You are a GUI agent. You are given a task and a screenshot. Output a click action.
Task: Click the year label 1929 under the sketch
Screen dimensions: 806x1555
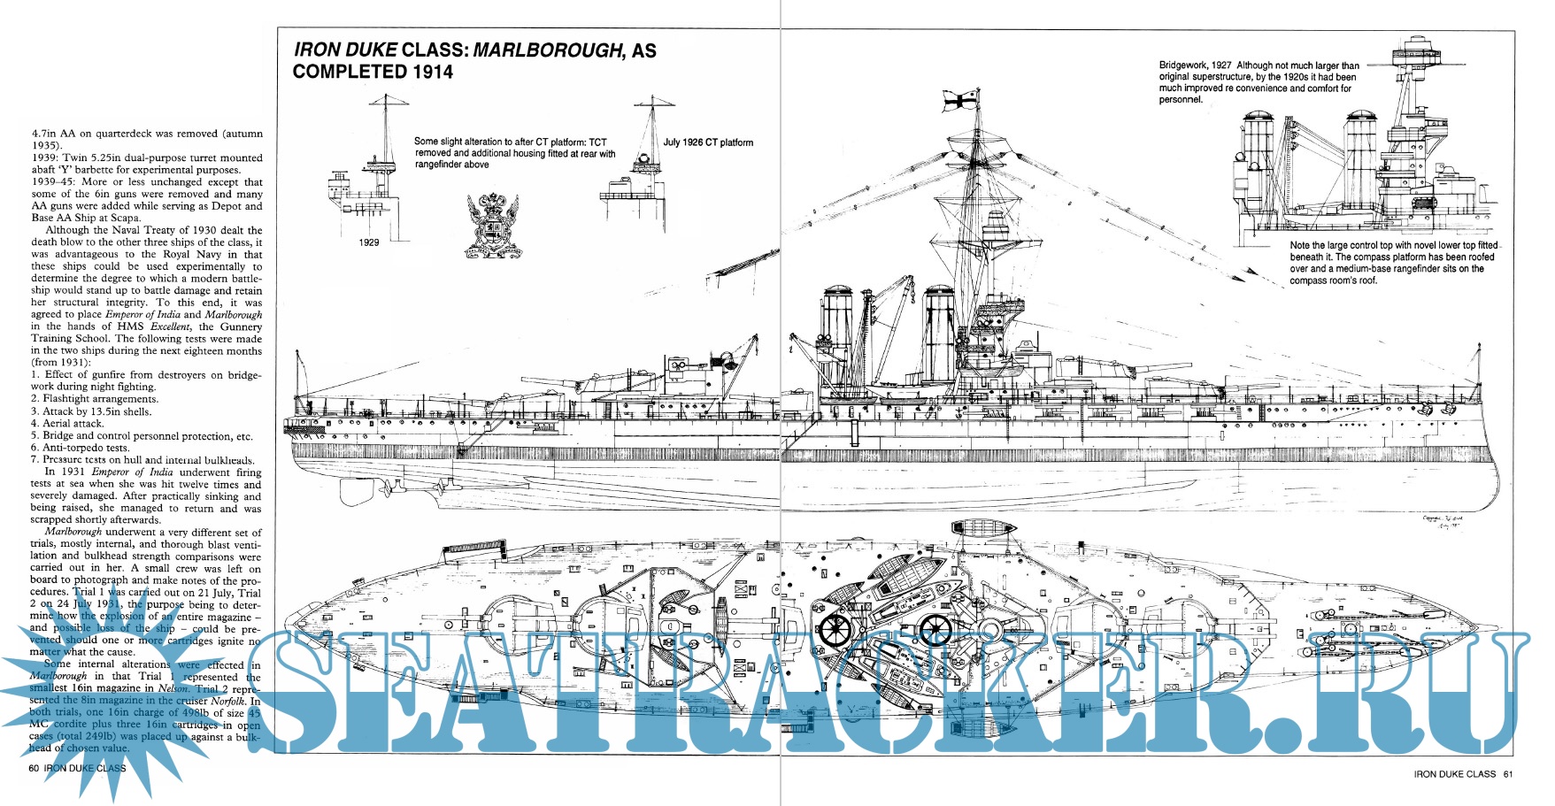coord(369,242)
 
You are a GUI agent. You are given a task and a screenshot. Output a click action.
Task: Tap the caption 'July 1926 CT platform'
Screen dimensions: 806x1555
coord(708,142)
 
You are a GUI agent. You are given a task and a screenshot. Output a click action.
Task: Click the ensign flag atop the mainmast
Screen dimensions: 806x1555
coord(962,99)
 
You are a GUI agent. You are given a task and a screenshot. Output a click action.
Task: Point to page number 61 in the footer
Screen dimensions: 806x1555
coord(1508,774)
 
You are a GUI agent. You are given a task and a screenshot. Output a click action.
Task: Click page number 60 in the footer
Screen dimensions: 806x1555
coord(34,768)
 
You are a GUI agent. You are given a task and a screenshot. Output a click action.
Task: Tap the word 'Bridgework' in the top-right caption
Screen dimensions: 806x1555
coord(1182,65)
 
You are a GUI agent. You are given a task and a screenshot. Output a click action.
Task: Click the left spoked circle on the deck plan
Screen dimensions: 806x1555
coord(834,630)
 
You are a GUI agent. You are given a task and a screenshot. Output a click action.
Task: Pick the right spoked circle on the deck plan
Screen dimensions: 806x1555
coord(935,630)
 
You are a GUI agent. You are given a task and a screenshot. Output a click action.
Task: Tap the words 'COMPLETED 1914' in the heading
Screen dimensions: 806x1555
coord(373,73)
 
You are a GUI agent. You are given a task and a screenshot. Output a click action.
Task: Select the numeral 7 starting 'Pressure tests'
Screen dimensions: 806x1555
coord(34,460)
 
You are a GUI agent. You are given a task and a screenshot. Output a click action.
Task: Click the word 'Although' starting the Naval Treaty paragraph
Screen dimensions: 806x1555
coord(67,230)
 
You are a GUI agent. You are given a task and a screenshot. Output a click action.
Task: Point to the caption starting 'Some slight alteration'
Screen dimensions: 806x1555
coord(514,153)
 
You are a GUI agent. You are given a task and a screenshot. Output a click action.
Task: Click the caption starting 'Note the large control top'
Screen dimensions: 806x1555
coord(1392,263)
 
